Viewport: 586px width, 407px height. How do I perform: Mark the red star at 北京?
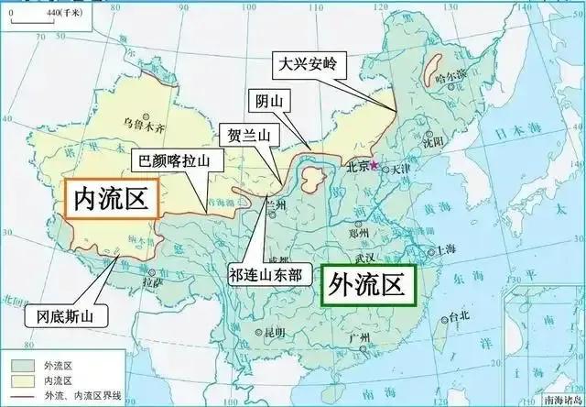373,163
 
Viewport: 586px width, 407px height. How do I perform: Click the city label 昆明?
272,331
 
